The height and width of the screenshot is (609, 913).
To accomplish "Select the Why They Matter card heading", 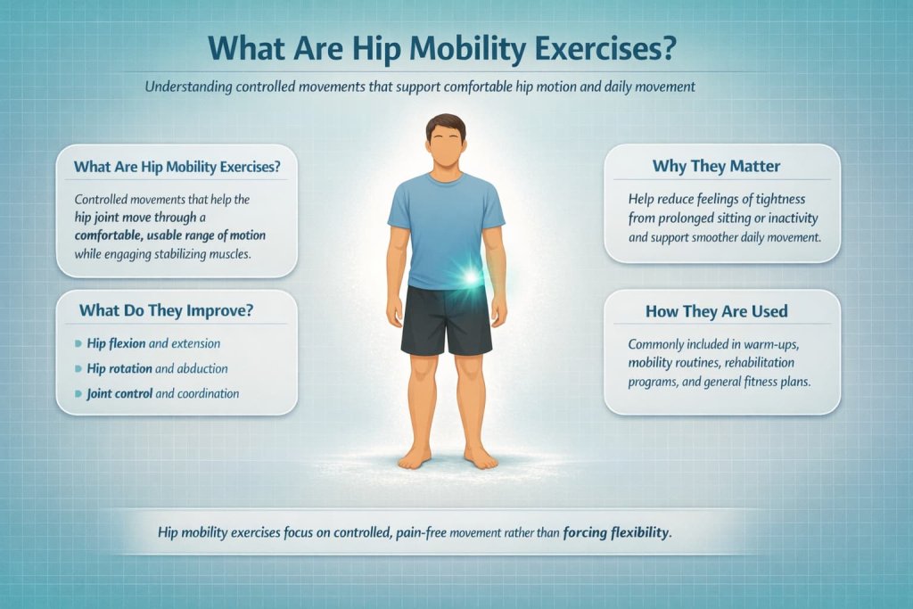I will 722,167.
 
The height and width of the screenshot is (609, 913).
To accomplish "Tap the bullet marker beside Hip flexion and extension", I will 79,343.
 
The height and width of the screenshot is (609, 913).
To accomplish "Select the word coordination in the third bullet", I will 207,393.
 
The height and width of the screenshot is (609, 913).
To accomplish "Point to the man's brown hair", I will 446,125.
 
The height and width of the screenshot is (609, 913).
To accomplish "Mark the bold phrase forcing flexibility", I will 615,534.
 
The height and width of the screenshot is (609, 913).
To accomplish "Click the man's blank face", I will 446,146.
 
